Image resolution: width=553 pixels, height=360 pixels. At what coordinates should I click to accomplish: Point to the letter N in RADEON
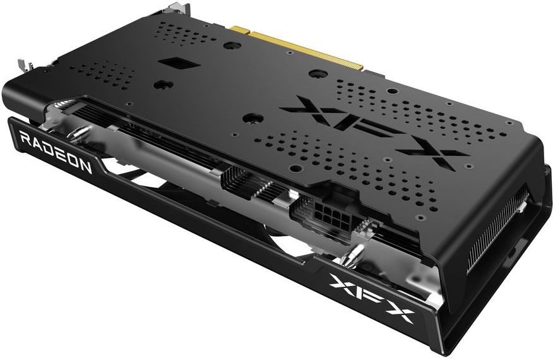86,165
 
